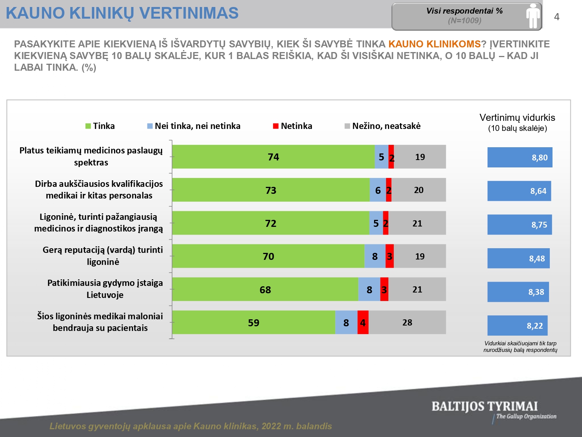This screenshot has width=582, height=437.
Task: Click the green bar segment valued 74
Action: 273,157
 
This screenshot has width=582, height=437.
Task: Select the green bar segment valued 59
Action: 253,322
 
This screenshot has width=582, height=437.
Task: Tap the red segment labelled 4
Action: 363,322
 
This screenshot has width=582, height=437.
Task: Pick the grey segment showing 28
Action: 407,322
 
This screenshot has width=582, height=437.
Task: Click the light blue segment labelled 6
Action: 378,190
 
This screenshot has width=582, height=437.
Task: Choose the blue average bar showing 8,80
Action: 520,157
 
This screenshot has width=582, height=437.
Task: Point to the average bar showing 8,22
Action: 517,326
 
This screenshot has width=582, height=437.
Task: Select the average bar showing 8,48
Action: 518,258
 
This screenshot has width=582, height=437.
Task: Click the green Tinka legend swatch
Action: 88,126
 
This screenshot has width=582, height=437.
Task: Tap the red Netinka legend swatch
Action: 276,126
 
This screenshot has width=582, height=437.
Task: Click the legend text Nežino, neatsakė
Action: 386,126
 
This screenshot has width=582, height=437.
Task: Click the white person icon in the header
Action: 533,16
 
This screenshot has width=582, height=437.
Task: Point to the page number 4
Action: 557,17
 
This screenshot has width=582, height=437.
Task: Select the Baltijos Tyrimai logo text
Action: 485,407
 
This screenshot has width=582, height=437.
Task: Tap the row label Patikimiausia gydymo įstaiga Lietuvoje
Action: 105,289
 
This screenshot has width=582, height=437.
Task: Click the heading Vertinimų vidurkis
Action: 517,118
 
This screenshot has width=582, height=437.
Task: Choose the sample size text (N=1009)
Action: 464,21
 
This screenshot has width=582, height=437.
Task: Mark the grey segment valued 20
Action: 418,190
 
